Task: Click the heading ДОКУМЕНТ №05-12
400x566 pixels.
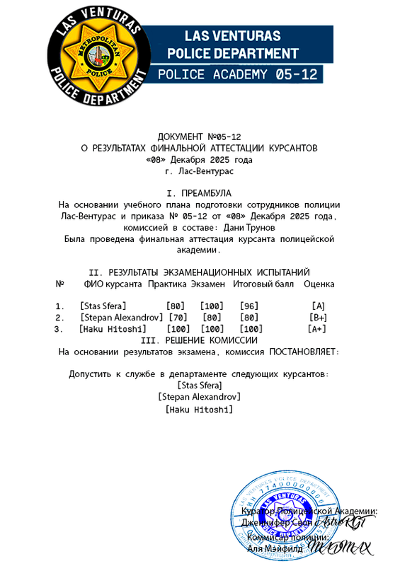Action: [x=200, y=136]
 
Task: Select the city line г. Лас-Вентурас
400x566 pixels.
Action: [x=200, y=171]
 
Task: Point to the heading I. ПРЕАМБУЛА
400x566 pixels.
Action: [x=199, y=192]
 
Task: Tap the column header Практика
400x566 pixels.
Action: [x=168, y=284]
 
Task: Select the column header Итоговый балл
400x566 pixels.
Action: [x=263, y=284]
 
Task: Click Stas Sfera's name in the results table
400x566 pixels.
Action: [x=103, y=306]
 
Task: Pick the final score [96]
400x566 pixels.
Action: [x=249, y=306]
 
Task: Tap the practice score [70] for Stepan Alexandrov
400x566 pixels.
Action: [x=178, y=318]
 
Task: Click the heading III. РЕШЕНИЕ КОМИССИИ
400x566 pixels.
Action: [x=200, y=340]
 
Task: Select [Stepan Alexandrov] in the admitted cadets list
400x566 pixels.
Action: [x=200, y=397]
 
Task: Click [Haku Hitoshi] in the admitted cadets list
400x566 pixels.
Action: [x=200, y=409]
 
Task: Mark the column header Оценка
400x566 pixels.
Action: [x=319, y=284]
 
